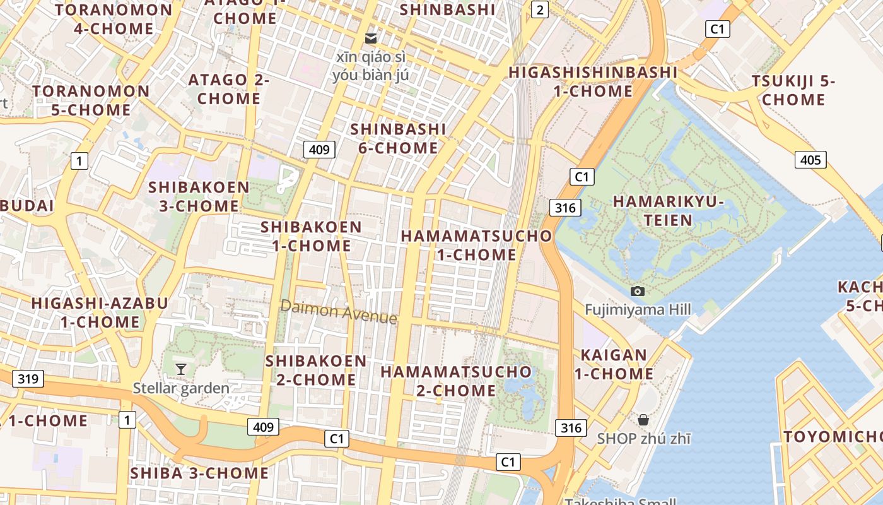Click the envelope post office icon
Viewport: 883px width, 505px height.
pyautogui.click(x=371, y=39)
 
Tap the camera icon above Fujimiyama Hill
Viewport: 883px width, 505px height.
pyautogui.click(x=638, y=291)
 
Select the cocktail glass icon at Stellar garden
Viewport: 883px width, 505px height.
pyautogui.click(x=181, y=369)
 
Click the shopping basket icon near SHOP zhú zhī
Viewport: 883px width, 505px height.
pyautogui.click(x=643, y=420)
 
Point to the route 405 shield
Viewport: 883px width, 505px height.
pyautogui.click(x=810, y=160)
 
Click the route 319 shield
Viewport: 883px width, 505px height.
pyautogui.click(x=28, y=379)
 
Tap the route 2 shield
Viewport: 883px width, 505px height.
pyautogui.click(x=539, y=9)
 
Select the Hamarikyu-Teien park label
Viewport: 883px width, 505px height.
pyautogui.click(x=668, y=211)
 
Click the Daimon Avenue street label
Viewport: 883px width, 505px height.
pyautogui.click(x=339, y=311)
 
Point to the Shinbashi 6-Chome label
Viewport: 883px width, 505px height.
pyautogui.click(x=398, y=138)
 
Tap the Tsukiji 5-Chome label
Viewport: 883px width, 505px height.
pyautogui.click(x=793, y=90)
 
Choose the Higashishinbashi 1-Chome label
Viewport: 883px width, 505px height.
pyautogui.click(x=593, y=81)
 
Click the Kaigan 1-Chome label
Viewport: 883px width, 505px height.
pyautogui.click(x=614, y=364)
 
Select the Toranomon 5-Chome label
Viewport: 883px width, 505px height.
pyautogui.click(x=91, y=100)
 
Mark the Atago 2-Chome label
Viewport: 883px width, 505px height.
pyautogui.click(x=228, y=89)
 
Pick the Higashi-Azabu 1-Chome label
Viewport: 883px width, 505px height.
pyautogui.click(x=100, y=312)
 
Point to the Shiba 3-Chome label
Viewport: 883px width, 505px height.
pyautogui.click(x=199, y=473)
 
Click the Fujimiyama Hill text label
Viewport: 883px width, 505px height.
pyautogui.click(x=638, y=309)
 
